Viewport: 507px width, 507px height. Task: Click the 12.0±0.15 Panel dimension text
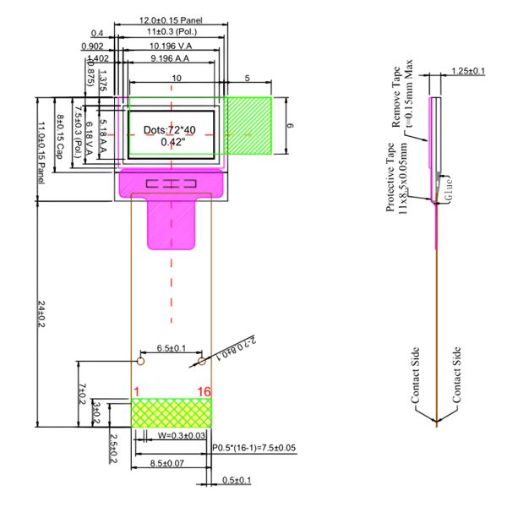pos(171,19)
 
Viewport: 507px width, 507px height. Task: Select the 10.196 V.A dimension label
pos(169,45)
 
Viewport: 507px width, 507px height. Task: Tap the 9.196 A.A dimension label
pos(169,57)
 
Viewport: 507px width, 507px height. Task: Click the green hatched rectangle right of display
pos(247,126)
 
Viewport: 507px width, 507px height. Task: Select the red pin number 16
pos(204,390)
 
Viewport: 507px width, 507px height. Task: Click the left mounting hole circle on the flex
pos(141,362)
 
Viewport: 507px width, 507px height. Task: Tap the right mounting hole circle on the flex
pos(201,362)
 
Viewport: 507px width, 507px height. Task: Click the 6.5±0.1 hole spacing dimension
pos(172,348)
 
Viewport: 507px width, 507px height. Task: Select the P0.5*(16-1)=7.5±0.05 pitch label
pos(255,447)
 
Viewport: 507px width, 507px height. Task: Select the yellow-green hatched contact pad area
pos(172,412)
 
